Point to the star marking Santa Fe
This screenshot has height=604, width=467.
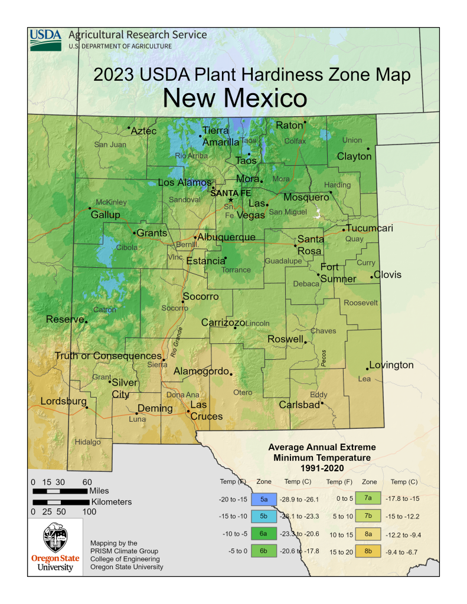coord(231,200)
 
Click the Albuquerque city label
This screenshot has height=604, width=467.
coord(227,237)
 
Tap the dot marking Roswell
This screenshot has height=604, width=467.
coord(305,342)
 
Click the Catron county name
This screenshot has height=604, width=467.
coord(104,310)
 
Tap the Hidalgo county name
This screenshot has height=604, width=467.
coord(87,442)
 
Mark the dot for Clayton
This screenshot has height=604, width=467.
coord(368,149)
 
